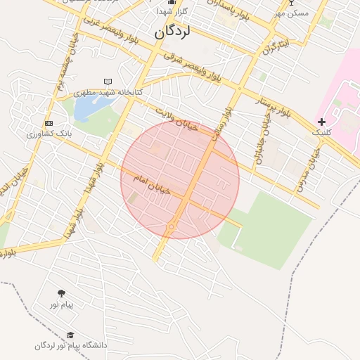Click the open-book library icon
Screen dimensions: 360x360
tap(108, 82)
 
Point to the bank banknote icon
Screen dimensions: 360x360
tap(48, 123)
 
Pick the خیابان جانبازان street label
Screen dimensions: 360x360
tap(260, 139)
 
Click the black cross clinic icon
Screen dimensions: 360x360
tap(321, 122)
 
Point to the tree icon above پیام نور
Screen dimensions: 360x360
tap(61, 293)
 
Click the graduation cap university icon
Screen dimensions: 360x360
tap(70, 335)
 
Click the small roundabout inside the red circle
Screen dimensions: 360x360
tap(171, 226)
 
